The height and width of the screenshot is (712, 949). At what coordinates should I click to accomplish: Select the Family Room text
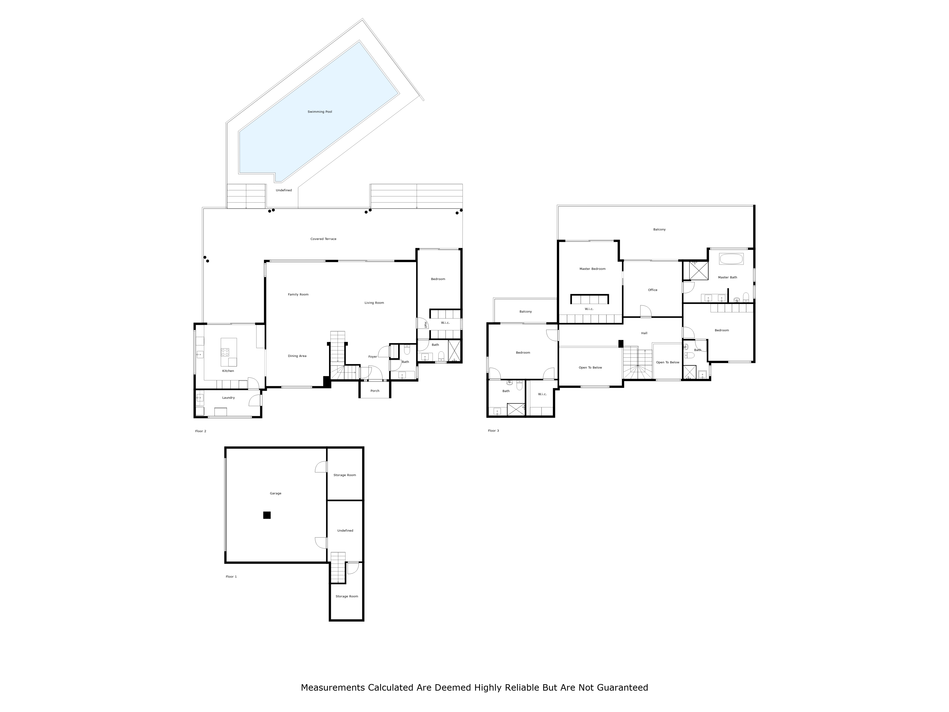(298, 295)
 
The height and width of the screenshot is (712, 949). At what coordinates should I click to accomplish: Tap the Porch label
(375, 391)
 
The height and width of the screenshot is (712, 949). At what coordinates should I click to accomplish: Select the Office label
(652, 290)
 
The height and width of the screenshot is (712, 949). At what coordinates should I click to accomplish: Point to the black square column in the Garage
(267, 515)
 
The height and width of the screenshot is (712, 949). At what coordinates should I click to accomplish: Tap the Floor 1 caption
(231, 577)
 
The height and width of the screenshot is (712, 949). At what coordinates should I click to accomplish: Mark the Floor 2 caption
(201, 431)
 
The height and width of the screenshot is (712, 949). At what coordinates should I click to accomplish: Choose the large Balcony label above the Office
(659, 230)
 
